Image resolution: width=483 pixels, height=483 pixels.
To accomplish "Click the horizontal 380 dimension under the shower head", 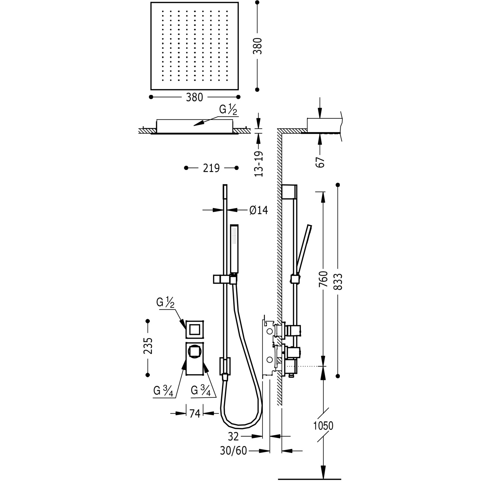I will (x=194, y=97).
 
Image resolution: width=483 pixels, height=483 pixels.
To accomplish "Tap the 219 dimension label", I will (x=211, y=168).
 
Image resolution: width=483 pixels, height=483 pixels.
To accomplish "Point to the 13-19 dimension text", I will (x=259, y=164).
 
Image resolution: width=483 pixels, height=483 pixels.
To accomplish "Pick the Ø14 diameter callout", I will (x=259, y=210).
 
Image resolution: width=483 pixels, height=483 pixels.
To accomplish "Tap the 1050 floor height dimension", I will (x=323, y=426).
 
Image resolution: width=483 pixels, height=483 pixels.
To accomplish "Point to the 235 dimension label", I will (x=148, y=346).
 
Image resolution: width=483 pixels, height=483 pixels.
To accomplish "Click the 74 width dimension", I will (x=194, y=413).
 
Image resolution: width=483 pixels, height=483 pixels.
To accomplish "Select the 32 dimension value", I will (x=233, y=437).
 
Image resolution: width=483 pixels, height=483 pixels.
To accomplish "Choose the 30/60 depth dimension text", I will (x=233, y=451).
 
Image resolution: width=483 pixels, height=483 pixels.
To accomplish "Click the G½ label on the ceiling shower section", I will (x=228, y=110).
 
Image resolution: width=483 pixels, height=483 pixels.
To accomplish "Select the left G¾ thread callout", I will (x=164, y=391).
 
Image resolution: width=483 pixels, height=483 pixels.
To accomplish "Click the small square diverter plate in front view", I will (x=195, y=329).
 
